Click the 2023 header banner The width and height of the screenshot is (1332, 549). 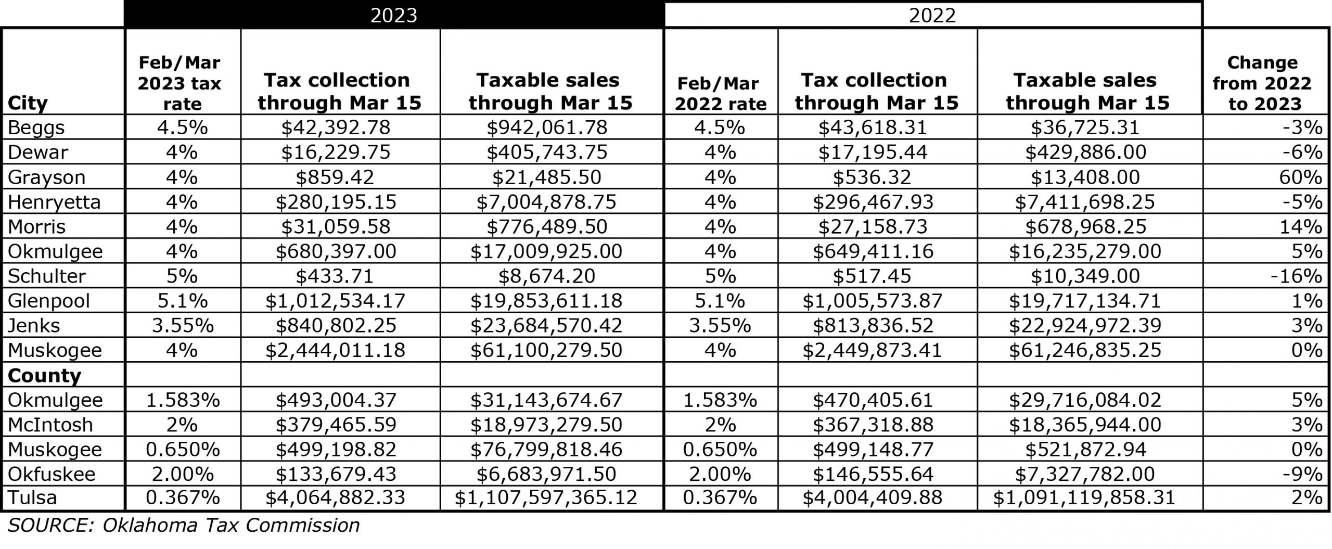point(393,15)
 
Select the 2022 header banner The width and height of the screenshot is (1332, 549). point(932,15)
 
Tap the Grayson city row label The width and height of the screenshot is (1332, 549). point(46,177)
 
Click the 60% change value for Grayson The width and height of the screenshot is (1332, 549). point(1300,177)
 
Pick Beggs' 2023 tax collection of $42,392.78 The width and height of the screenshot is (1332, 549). point(336,127)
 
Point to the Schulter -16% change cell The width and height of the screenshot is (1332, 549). point(1296,276)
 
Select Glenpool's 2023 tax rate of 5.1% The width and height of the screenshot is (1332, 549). point(182,301)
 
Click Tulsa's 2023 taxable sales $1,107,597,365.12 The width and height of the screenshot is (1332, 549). point(546,498)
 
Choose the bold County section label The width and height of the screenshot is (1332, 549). point(44,375)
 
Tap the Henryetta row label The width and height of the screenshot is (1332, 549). point(54,202)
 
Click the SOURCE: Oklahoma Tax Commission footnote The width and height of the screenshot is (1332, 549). point(184,526)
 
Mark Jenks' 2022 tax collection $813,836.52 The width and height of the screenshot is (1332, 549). point(873,326)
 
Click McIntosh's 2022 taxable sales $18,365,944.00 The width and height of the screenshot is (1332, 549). point(1085,425)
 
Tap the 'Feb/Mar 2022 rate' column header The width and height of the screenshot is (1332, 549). point(721,94)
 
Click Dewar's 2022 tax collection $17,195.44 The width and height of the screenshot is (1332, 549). point(873,152)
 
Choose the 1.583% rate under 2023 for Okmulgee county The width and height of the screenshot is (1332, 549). point(182,400)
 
